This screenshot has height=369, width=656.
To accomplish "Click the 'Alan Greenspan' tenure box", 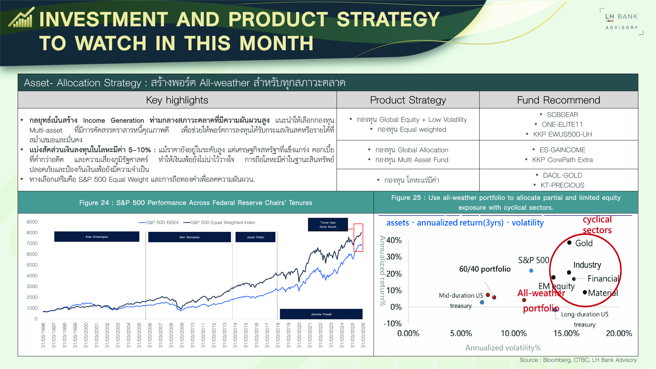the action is [x=97, y=237].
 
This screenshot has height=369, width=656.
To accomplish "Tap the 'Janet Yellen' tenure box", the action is [x=255, y=237].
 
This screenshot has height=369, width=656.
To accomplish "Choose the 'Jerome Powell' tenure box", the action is [x=321, y=314].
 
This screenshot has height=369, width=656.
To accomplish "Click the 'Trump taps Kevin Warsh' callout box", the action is [x=328, y=225].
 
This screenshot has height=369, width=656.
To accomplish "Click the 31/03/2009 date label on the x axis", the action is [x=182, y=335].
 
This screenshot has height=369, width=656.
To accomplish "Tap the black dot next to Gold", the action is [x=569, y=242].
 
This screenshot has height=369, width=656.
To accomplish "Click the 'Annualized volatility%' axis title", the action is [x=503, y=348].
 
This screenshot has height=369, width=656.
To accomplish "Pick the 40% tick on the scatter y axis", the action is [x=394, y=240].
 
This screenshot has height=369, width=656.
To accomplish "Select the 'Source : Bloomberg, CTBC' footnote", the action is [x=578, y=360].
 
